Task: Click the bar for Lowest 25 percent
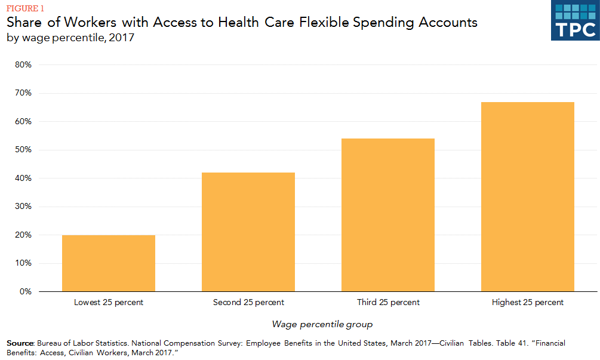(109, 263)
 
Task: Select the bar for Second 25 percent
(248, 232)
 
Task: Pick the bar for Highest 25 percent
(528, 197)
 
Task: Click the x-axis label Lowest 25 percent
(109, 303)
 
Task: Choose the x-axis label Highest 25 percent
(528, 303)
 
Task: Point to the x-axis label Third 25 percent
(388, 303)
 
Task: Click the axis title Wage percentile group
(322, 325)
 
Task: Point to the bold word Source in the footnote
(20, 343)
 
